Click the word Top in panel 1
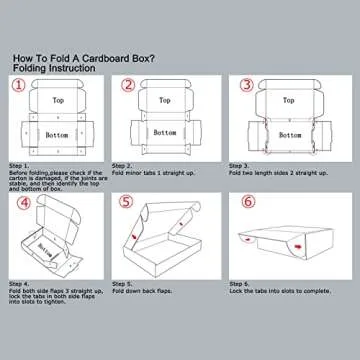coord(58,101)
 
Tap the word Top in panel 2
coord(173,101)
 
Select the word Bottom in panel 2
coord(173,133)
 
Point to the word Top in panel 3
coord(289,101)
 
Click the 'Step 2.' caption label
coord(123,165)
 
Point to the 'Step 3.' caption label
coord(242,165)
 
